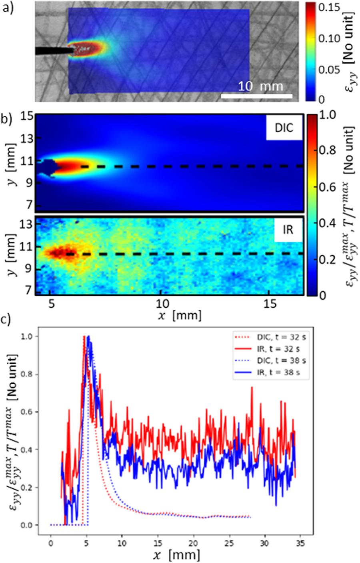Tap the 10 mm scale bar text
[261, 86]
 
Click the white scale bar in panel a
[256, 96]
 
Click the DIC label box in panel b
[284, 128]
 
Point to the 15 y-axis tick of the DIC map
[26, 117]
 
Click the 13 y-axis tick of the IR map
[26, 225]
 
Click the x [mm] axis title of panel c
[176, 555]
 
